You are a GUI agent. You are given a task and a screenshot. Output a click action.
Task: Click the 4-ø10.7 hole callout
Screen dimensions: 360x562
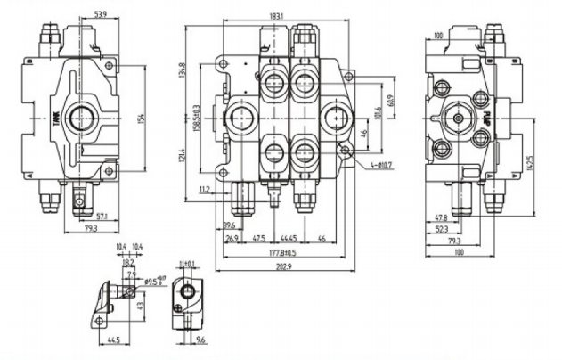(367, 165)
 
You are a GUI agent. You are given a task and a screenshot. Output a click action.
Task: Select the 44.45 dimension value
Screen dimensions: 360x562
(288, 238)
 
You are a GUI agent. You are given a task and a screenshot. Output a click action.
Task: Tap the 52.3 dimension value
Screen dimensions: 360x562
(442, 228)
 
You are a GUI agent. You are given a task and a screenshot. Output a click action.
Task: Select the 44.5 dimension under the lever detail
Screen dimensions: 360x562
(113, 340)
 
